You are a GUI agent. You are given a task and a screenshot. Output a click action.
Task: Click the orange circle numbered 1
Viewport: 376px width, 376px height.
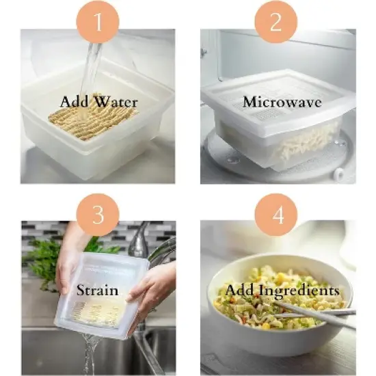[97, 23]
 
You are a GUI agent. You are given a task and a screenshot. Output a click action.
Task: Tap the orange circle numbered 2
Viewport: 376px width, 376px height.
[276, 23]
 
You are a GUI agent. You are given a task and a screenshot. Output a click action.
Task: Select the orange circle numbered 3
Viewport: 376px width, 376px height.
[97, 214]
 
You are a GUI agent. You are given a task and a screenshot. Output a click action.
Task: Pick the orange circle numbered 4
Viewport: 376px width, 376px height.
[276, 214]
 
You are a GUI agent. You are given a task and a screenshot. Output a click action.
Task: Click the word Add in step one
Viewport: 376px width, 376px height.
[75, 102]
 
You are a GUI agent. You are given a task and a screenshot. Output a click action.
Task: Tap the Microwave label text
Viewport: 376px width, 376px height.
[278, 102]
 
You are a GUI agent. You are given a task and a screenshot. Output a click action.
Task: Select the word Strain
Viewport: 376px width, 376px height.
[97, 290]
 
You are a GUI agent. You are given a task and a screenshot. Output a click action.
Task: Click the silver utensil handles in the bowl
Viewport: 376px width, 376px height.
[321, 314]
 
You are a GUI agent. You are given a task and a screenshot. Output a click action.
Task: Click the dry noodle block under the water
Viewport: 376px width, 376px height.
[92, 120]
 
